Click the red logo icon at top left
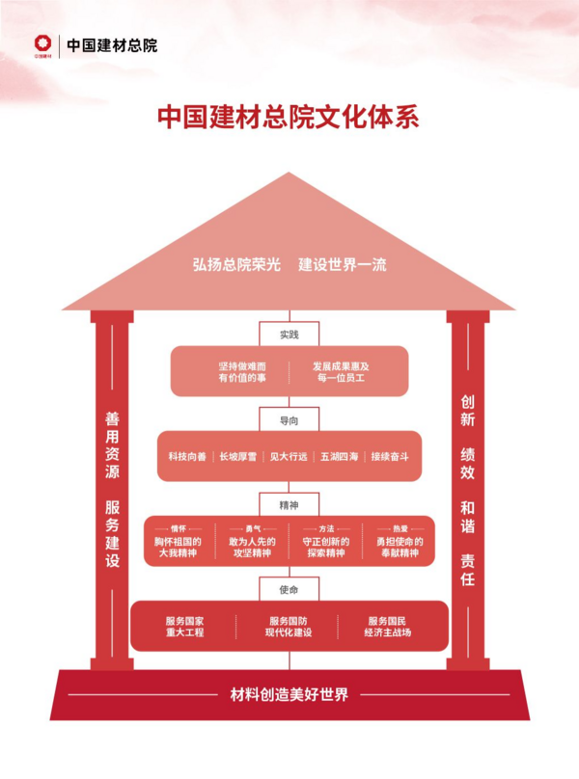pos(41,43)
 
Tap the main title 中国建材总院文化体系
pos(289,117)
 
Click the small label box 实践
pos(289,335)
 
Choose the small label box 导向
pos(289,420)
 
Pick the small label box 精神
pos(289,504)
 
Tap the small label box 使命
pos(289,589)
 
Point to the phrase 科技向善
pos(187,456)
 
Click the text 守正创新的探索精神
pos(324,548)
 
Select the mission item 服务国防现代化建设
pos(289,627)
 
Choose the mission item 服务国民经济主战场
pos(388,627)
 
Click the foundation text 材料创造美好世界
pos(289,694)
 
